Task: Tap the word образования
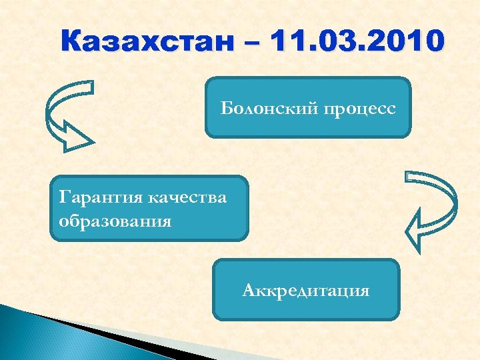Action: coord(115,220)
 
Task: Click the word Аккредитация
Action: coord(306,291)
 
